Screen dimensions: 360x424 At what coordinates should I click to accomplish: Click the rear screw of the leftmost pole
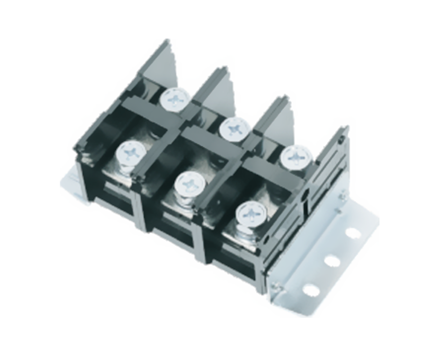click(174, 99)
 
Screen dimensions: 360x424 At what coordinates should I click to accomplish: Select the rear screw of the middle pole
click(234, 128)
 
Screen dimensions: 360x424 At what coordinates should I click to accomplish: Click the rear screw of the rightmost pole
click(296, 156)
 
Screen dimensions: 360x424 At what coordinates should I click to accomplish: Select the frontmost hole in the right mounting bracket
click(311, 289)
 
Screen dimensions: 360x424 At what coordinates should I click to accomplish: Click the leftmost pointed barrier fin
click(159, 64)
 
